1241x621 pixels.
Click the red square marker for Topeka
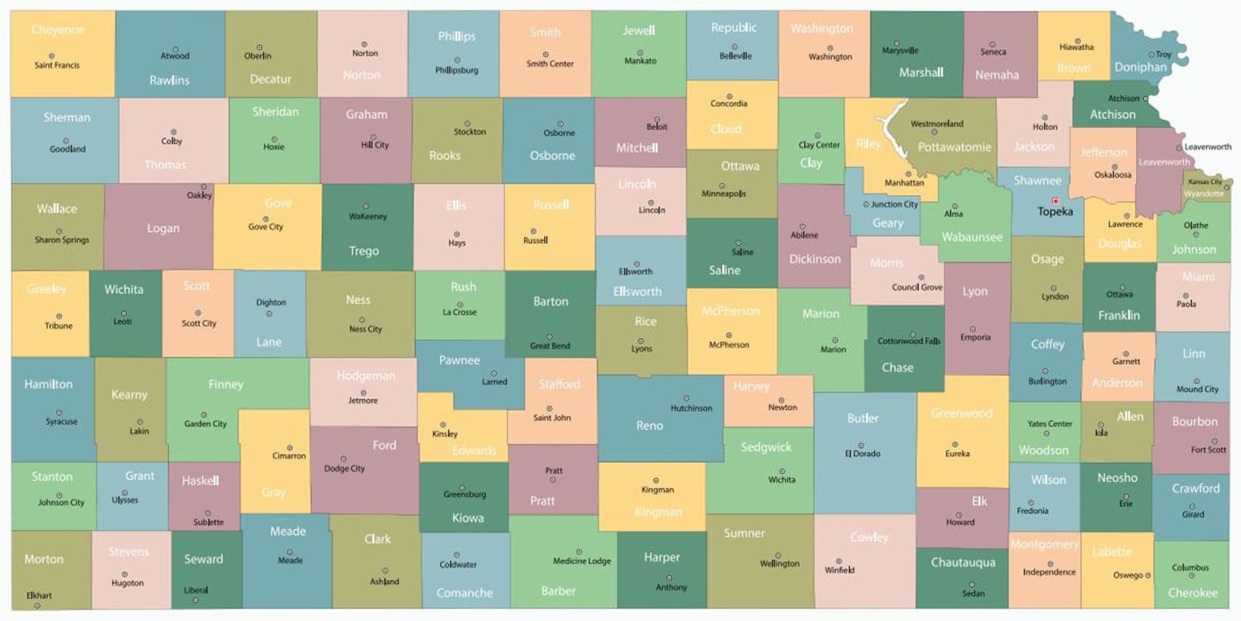point(1055,201)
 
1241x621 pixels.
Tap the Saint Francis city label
point(57,65)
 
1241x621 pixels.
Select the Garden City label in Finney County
point(206,424)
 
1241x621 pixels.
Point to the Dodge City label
point(344,469)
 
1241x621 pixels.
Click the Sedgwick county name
point(765,447)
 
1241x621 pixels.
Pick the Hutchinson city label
point(691,408)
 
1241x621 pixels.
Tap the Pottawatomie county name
point(954,147)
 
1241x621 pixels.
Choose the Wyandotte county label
point(1203,194)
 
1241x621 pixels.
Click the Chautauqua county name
point(962,562)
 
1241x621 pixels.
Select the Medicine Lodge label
point(582,561)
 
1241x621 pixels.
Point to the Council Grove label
point(917,287)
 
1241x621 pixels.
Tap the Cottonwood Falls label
point(908,341)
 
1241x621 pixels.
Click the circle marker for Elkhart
point(38,605)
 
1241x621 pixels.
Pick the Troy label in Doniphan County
point(1164,55)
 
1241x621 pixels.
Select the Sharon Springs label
point(62,240)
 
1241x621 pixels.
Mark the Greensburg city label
point(464,494)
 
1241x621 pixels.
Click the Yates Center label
point(1049,424)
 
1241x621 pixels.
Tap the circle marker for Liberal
point(196,600)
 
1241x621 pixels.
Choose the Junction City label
point(894,204)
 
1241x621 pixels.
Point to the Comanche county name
point(464,593)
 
